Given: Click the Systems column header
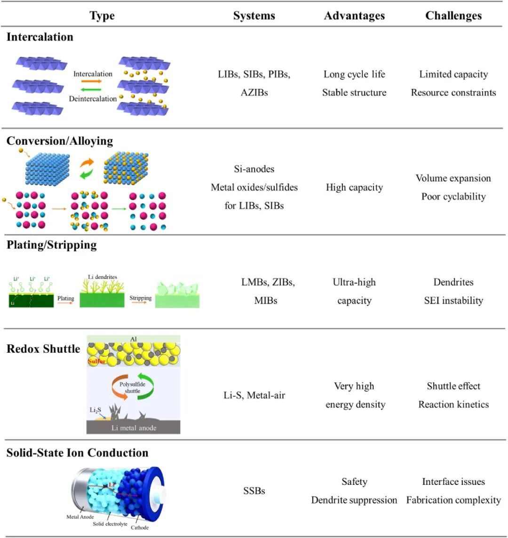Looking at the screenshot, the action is [254, 16].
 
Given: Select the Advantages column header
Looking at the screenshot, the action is [354, 16].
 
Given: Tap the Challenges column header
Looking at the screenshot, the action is [453, 16].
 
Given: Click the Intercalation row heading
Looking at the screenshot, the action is [40, 37].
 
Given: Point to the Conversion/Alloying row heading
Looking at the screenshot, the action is [60, 141].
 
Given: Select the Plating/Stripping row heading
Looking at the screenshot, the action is [52, 245].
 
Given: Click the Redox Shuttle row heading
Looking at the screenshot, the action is [43, 349].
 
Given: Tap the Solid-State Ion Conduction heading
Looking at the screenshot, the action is [77, 453].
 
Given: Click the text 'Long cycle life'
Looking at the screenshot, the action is [354, 74].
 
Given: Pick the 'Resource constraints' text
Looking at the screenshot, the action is [453, 93].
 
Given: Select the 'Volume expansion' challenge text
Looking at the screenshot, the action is [453, 178].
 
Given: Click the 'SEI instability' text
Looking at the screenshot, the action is [453, 301].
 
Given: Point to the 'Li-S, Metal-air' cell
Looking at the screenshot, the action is [254, 396].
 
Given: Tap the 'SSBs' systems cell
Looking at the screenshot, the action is [254, 491].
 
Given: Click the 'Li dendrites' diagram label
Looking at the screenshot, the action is [102, 277].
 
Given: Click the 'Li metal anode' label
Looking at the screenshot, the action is [134, 427].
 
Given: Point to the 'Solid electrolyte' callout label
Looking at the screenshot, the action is [110, 524].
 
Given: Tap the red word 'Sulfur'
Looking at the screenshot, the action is [96, 362].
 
